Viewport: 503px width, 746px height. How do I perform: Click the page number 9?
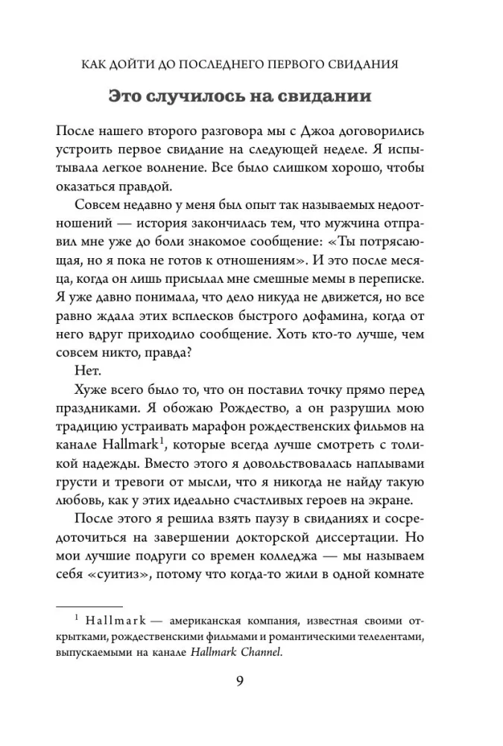click(250, 683)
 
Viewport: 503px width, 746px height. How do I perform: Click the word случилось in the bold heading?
click(212, 98)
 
